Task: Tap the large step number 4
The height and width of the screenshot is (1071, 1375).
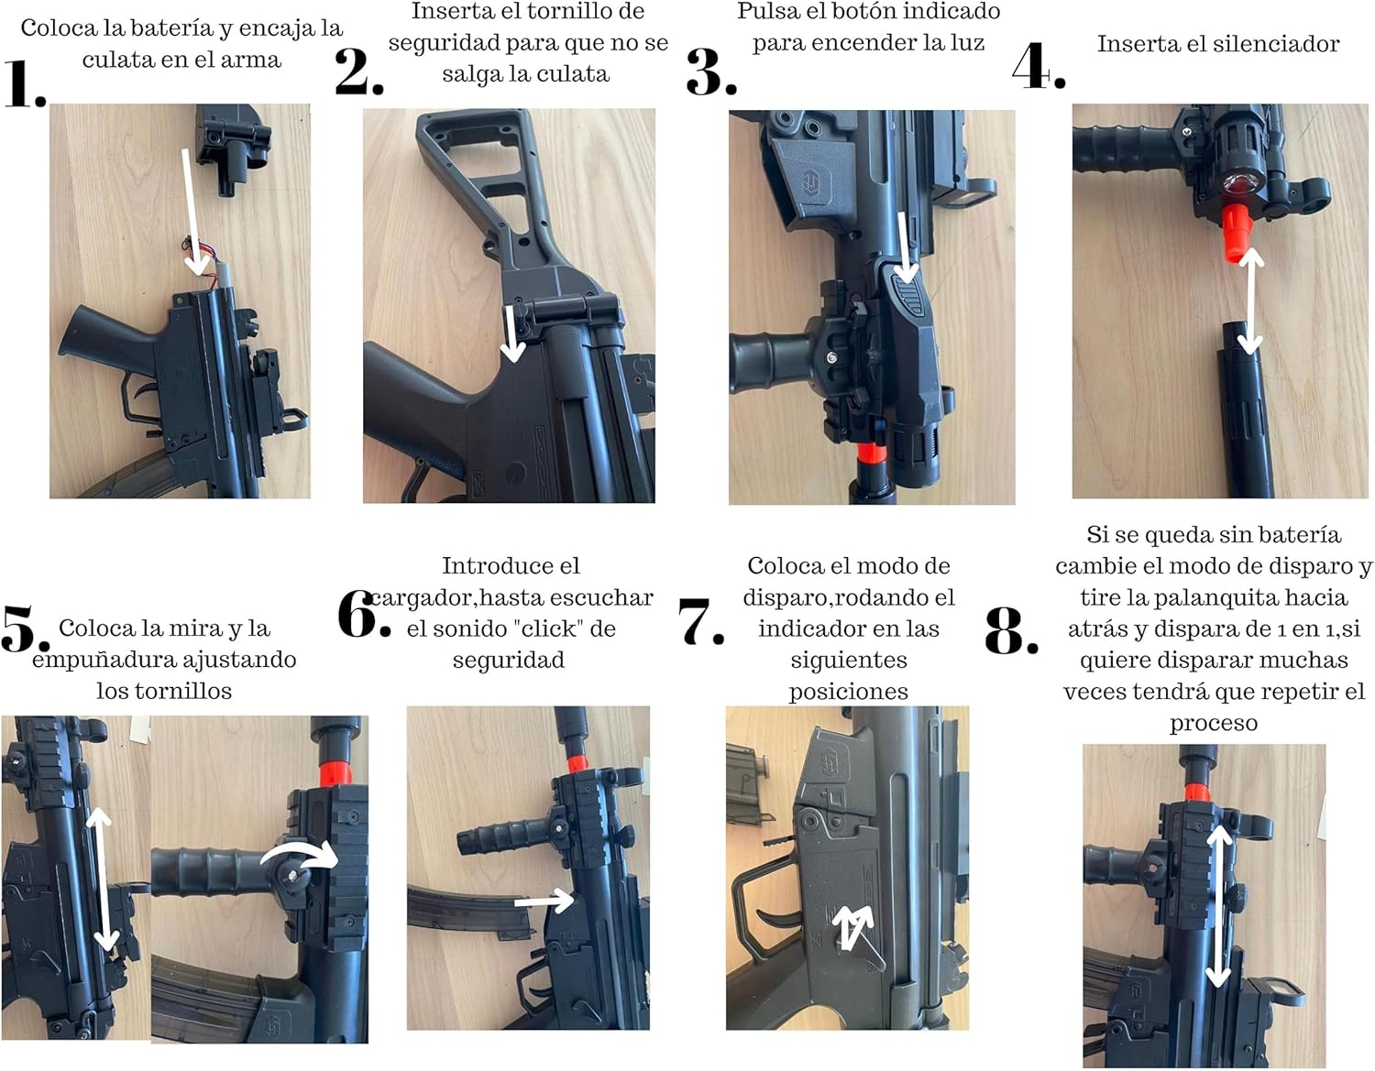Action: tap(1039, 65)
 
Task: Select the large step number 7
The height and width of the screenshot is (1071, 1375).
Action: tap(700, 621)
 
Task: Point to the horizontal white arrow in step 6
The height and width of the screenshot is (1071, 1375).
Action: tap(544, 900)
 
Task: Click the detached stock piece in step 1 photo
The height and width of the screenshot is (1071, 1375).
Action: tap(234, 147)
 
